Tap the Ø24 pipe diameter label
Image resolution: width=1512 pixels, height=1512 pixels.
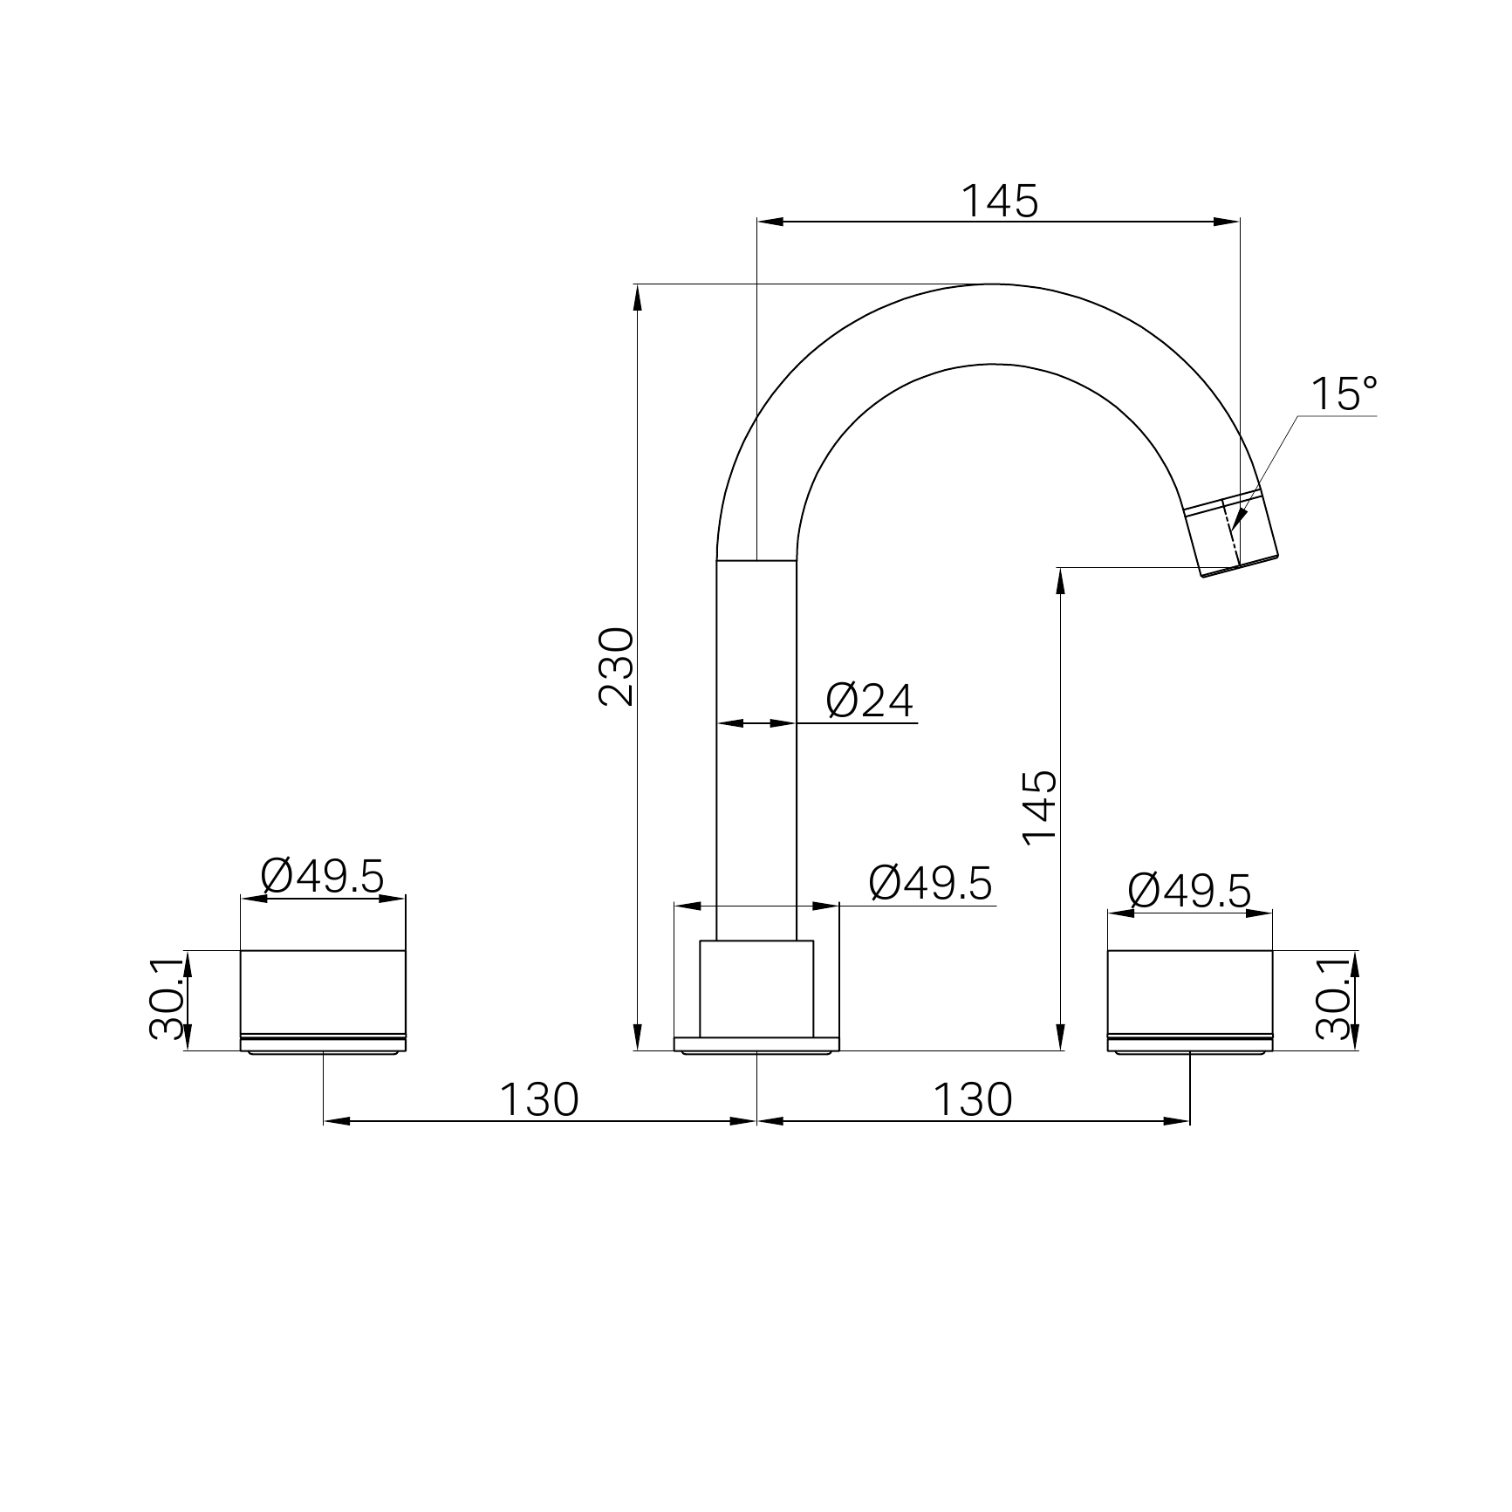pos(870,701)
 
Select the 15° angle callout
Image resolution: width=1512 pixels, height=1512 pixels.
pos(1344,394)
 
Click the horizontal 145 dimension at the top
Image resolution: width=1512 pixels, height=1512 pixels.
pos(1000,202)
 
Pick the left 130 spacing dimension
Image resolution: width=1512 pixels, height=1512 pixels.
pos(538,1100)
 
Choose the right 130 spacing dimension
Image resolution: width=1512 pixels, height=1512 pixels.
pos(973,1100)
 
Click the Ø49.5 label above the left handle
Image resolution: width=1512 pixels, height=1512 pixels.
pos(322,876)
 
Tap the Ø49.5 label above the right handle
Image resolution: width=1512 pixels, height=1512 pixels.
pos(1189,891)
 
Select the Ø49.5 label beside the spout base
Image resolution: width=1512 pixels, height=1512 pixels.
pos(931,884)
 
